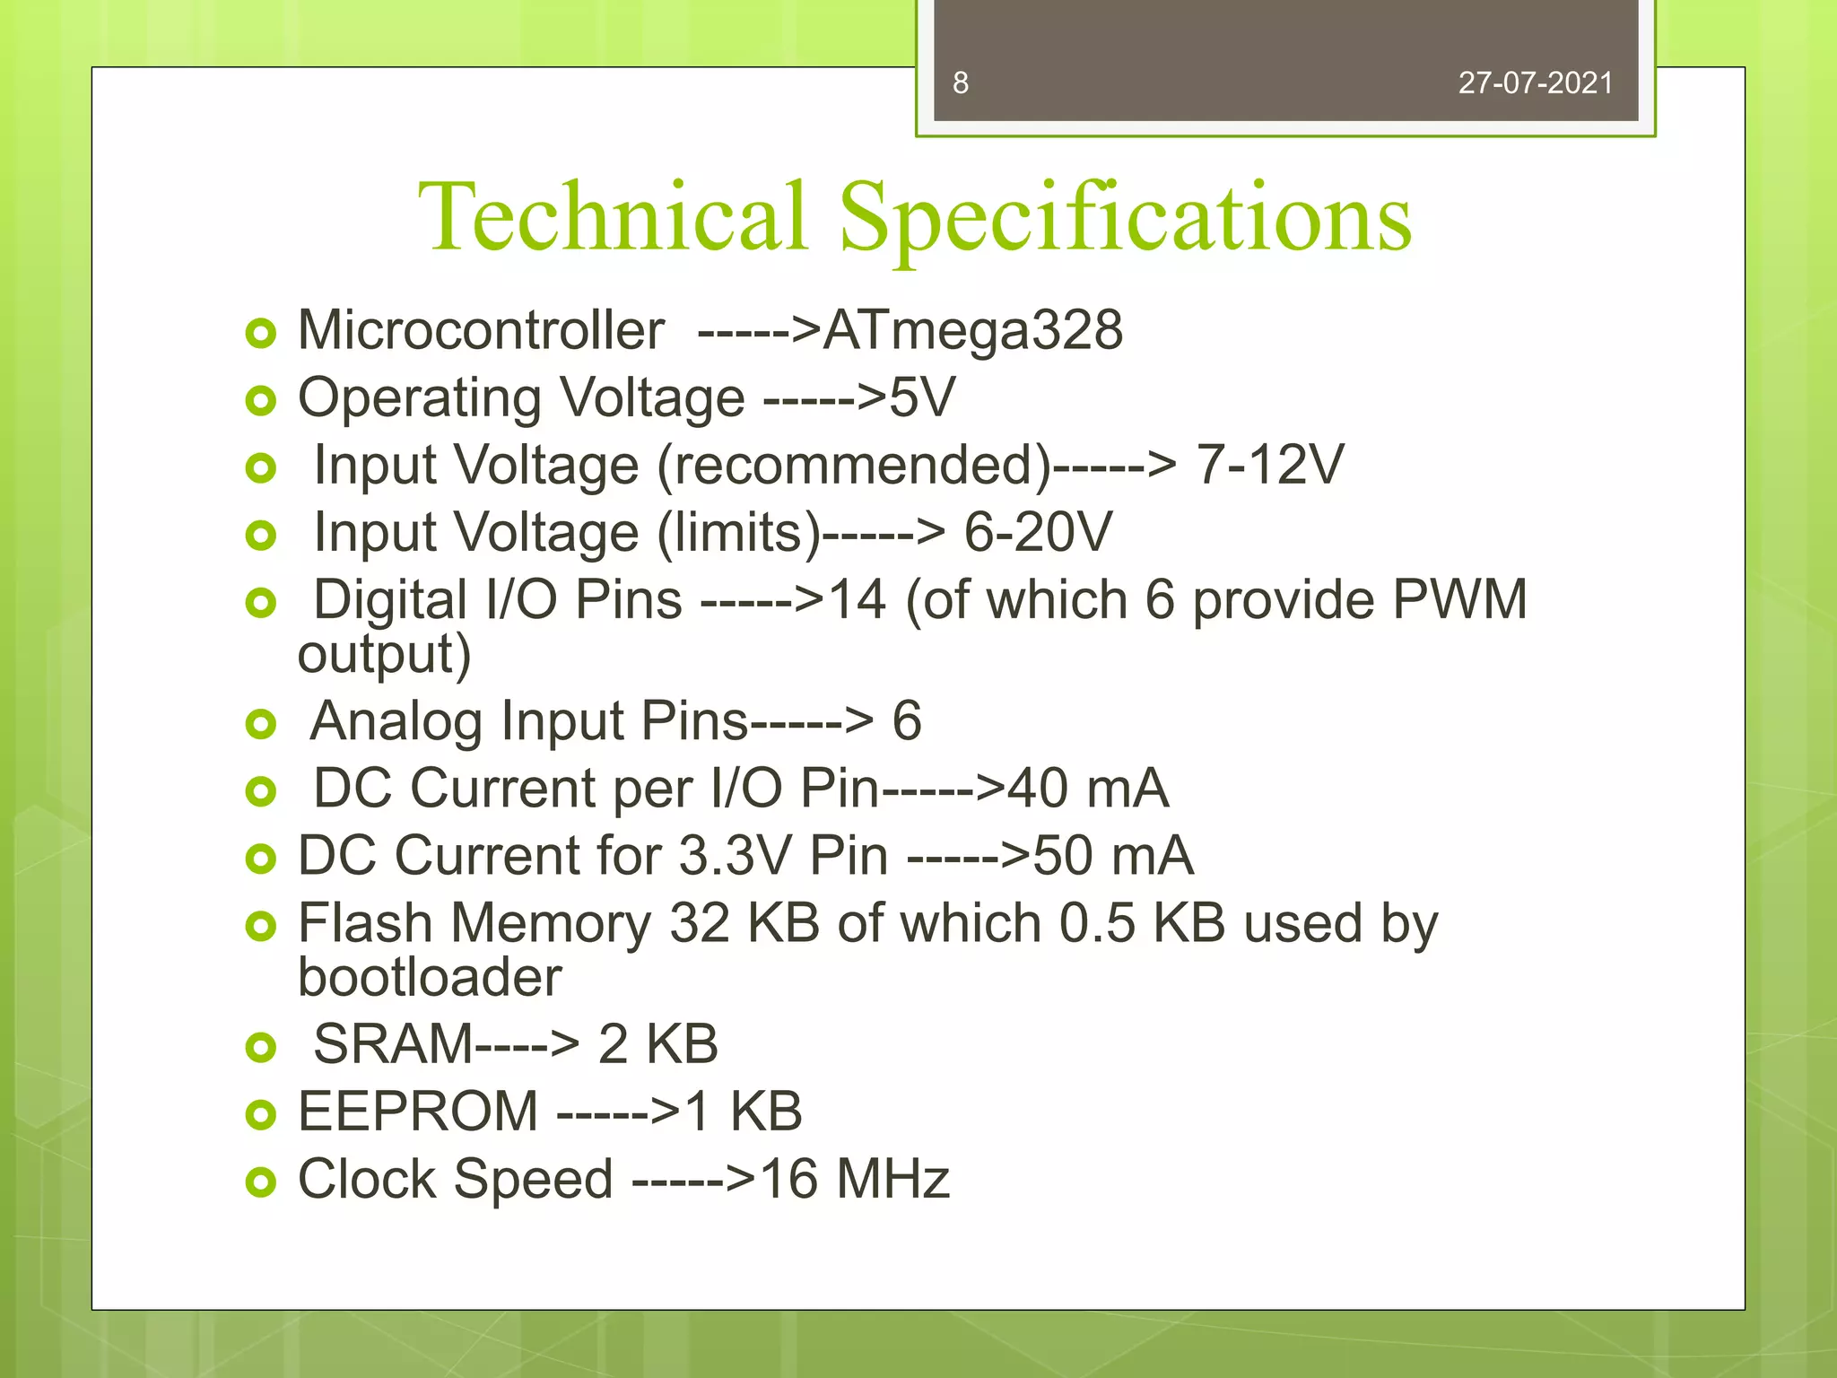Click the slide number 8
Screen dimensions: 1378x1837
click(x=961, y=83)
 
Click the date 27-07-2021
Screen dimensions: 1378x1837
click(x=1535, y=83)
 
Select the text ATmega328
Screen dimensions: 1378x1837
click(x=972, y=330)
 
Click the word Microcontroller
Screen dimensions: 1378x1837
click(x=481, y=330)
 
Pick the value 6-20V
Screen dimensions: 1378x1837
click(x=1037, y=532)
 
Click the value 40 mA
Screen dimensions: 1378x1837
click(x=1087, y=789)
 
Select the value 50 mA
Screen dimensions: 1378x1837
click(x=1112, y=856)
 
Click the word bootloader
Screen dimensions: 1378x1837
click(x=430, y=977)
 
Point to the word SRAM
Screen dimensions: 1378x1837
click(x=392, y=1044)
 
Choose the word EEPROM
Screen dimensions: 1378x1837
click(x=418, y=1112)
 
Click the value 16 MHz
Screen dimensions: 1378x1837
click(x=854, y=1179)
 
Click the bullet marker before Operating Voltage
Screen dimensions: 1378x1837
click(x=260, y=401)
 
